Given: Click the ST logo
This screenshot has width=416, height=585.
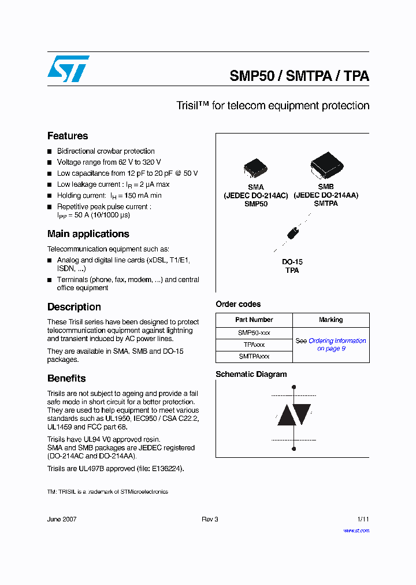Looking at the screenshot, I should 68,69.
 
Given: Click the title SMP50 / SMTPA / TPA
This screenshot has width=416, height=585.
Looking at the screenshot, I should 299,76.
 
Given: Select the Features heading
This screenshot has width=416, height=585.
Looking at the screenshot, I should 68,136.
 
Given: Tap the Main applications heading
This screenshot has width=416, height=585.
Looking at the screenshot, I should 88,234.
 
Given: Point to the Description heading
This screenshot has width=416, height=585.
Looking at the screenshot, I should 74,307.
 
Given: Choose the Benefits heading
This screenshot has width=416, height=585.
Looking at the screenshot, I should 66,378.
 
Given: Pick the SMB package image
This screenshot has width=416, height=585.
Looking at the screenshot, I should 326,165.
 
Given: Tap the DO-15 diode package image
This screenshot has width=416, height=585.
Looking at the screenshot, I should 293,234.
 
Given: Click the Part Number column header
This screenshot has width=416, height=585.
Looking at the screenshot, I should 254,320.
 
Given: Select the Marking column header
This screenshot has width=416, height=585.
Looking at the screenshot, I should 330,320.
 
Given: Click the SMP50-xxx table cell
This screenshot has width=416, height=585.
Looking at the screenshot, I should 254,333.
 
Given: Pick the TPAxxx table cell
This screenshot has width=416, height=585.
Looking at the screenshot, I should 254,345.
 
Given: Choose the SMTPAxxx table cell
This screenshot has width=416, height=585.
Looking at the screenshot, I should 254,357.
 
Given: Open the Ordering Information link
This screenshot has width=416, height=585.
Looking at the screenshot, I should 337,341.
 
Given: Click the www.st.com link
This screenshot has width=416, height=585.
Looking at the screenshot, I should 356,531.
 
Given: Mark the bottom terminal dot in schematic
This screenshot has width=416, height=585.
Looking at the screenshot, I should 294,449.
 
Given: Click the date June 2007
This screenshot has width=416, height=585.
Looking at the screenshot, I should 62,519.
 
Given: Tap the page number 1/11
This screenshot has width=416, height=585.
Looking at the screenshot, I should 363,519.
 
